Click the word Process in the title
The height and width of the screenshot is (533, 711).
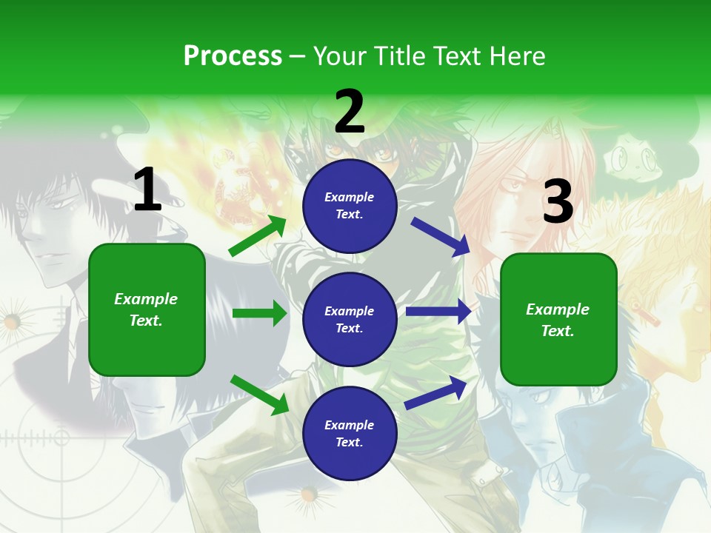233,56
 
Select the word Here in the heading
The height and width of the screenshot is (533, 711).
517,56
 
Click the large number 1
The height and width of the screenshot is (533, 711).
147,190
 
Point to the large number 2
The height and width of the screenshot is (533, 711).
350,113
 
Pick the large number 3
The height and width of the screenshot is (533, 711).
558,201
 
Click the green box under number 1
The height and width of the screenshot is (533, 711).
147,309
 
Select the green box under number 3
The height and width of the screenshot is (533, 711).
558,319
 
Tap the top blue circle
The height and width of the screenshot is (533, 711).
350,206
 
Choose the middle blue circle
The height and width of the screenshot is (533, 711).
350,319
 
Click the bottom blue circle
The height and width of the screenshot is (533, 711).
350,433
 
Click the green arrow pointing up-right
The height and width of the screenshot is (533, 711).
258,236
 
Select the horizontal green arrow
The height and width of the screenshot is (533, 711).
260,313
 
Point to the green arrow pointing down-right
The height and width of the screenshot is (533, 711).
259,395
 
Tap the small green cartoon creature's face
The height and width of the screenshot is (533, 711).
634,158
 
